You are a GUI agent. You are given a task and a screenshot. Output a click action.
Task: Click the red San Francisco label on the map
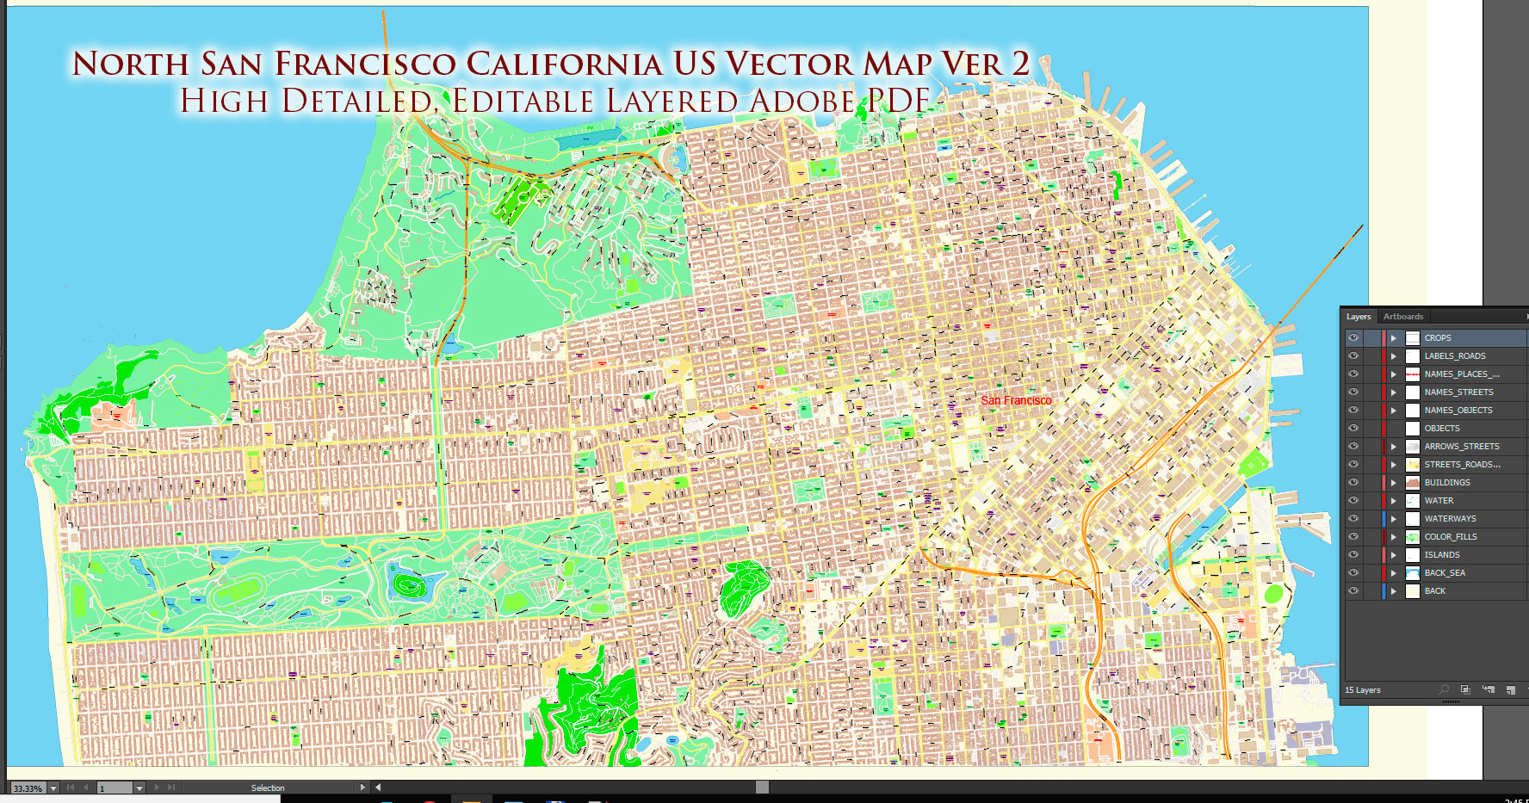pyautogui.click(x=1016, y=400)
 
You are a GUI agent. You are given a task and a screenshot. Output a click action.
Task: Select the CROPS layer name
pyautogui.click(x=1438, y=338)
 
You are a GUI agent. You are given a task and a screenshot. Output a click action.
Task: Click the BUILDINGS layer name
pyautogui.click(x=1447, y=483)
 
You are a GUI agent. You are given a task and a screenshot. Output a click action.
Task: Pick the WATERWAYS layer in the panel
pyautogui.click(x=1450, y=519)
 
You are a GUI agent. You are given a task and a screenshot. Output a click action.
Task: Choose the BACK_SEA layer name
pyautogui.click(x=1445, y=573)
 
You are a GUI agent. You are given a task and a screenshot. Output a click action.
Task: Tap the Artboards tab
pyautogui.click(x=1403, y=317)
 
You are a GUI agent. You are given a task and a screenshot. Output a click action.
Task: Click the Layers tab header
pyautogui.click(x=1359, y=317)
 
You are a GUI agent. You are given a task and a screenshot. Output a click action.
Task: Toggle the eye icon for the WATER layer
pyautogui.click(x=1353, y=501)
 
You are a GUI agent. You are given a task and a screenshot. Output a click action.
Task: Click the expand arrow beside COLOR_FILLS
pyautogui.click(x=1393, y=537)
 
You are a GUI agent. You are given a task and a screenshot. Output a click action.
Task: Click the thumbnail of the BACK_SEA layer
pyautogui.click(x=1413, y=573)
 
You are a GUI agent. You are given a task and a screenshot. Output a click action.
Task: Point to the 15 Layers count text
pyautogui.click(x=1363, y=690)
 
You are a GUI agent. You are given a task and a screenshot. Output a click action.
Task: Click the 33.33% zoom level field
pyautogui.click(x=28, y=788)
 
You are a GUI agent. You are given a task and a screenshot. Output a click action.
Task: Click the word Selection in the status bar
pyautogui.click(x=268, y=788)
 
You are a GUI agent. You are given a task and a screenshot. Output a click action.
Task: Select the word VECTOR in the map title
pyautogui.click(x=789, y=64)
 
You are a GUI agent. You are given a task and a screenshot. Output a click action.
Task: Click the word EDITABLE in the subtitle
pyautogui.click(x=523, y=102)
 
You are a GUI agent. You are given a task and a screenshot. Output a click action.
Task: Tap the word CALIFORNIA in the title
pyautogui.click(x=564, y=64)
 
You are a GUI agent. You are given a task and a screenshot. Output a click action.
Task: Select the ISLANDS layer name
pyautogui.click(x=1442, y=555)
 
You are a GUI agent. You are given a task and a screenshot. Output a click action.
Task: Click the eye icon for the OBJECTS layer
pyautogui.click(x=1353, y=429)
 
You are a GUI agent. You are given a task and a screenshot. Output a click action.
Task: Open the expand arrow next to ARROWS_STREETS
pyautogui.click(x=1393, y=447)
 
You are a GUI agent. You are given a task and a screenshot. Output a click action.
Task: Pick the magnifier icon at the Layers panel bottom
pyautogui.click(x=1444, y=689)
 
